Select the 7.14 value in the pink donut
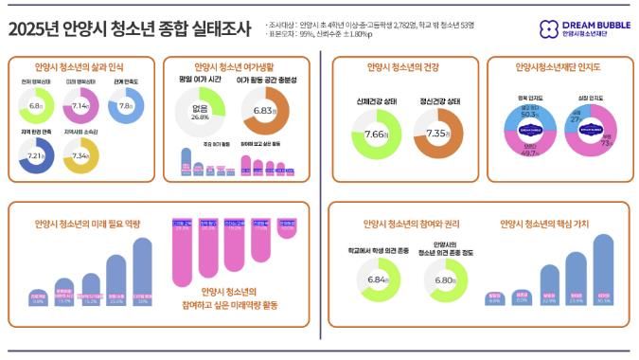click(80, 106)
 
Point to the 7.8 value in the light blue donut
click(126, 106)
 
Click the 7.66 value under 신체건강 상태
click(376, 135)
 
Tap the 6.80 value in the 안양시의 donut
click(440, 280)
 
